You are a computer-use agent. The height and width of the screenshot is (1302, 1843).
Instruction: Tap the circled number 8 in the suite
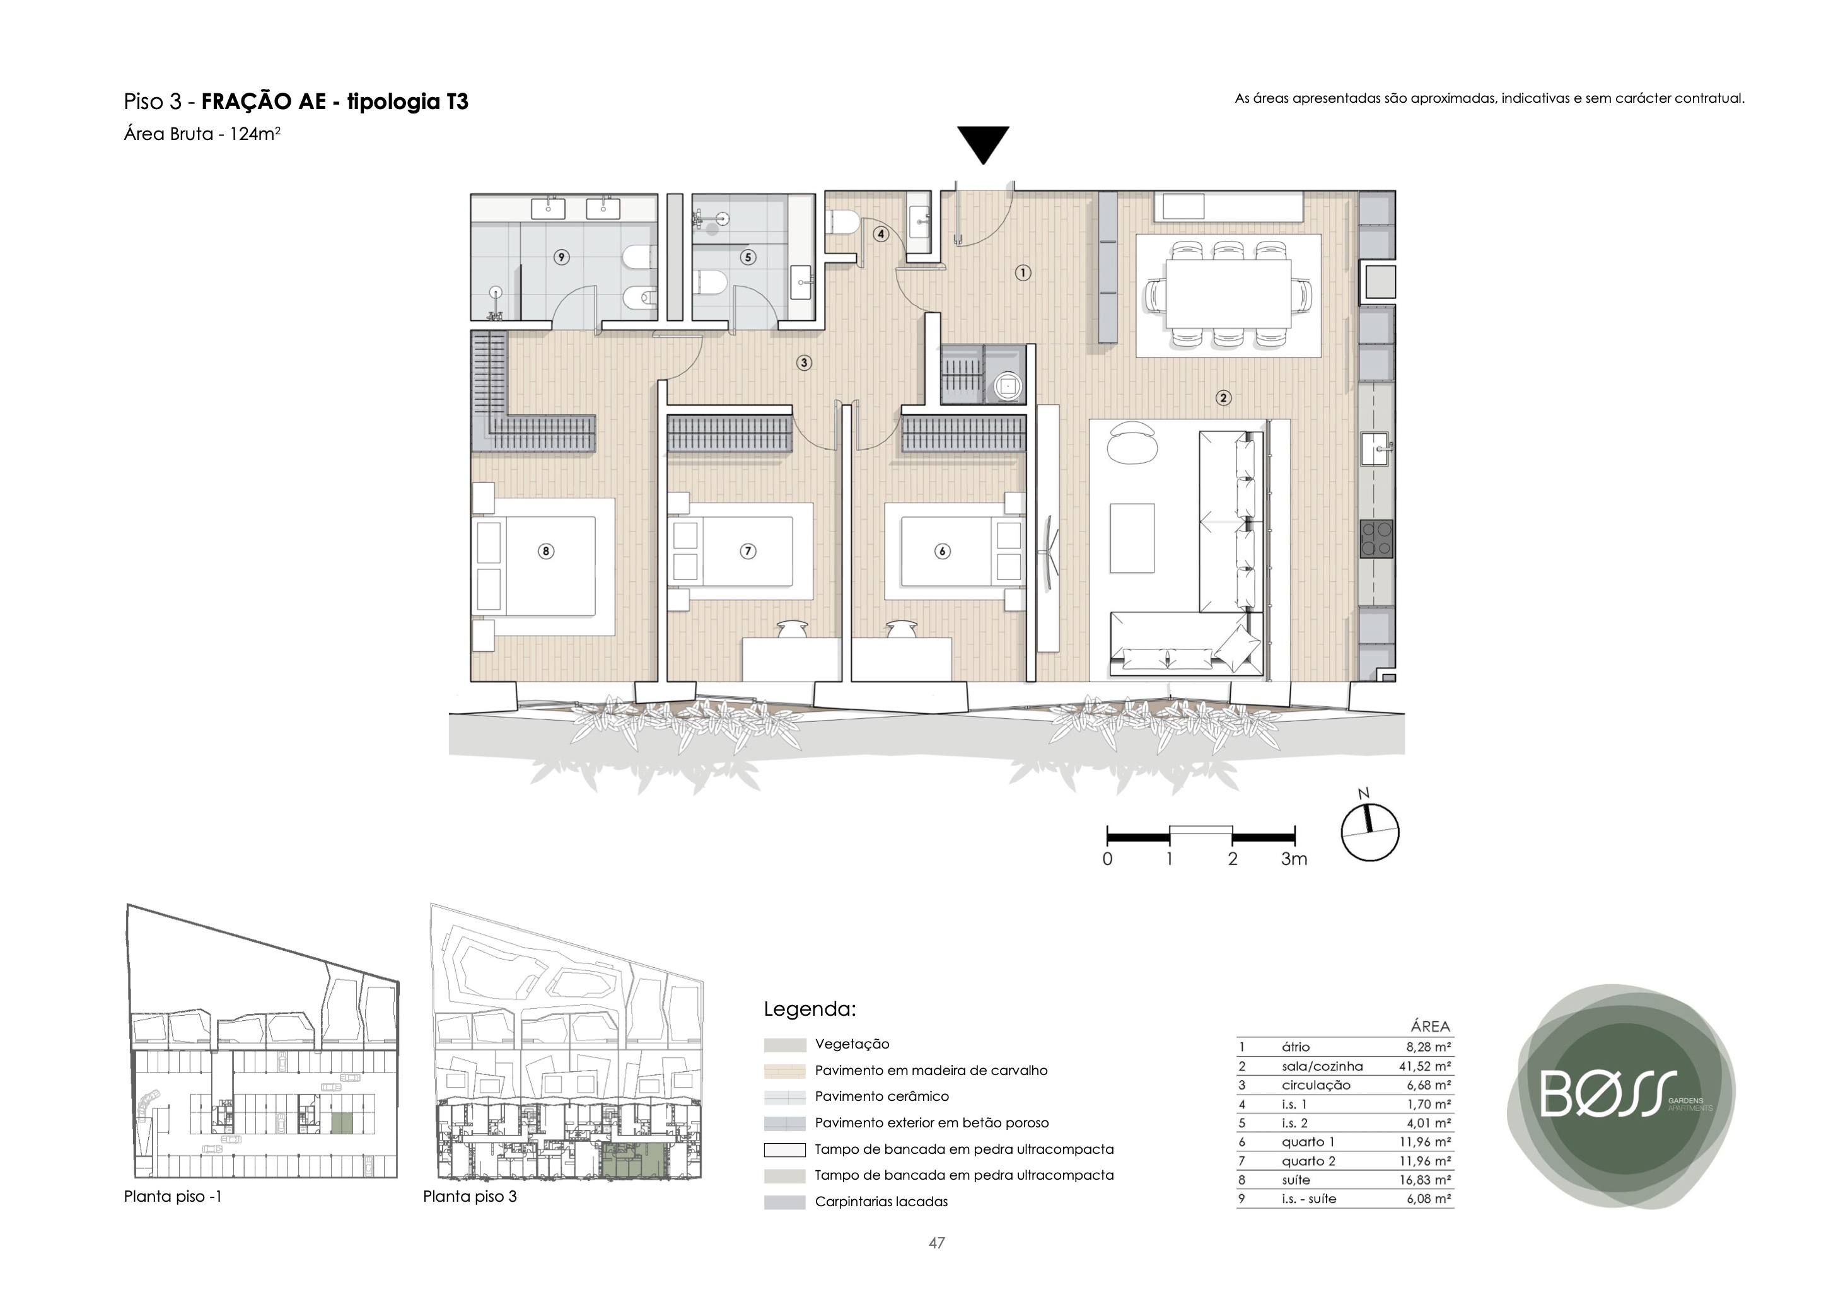tap(546, 550)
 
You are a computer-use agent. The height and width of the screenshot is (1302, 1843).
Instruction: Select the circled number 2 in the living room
tap(1223, 397)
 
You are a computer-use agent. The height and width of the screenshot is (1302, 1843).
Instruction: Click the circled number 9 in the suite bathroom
tap(561, 257)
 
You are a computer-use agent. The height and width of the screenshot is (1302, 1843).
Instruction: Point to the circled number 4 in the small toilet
tap(881, 235)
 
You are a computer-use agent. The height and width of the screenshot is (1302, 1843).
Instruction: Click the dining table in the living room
tap(1228, 293)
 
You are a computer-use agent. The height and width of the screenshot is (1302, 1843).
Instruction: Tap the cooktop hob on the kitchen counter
tap(1376, 538)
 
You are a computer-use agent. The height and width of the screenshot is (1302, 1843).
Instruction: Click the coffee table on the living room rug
tap(1132, 538)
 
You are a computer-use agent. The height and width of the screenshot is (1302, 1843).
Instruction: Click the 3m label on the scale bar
tap(1294, 859)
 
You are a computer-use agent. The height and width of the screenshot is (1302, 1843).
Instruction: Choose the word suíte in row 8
tap(1296, 1180)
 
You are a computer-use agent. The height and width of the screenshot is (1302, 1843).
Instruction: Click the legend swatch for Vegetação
tap(784, 1045)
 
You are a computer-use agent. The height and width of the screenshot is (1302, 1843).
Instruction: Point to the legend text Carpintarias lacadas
tap(881, 1202)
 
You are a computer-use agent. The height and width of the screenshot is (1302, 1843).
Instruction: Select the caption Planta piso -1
tap(173, 1196)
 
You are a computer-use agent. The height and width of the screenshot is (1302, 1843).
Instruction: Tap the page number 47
tap(937, 1243)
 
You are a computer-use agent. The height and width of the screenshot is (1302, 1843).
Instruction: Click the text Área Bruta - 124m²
tap(202, 134)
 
